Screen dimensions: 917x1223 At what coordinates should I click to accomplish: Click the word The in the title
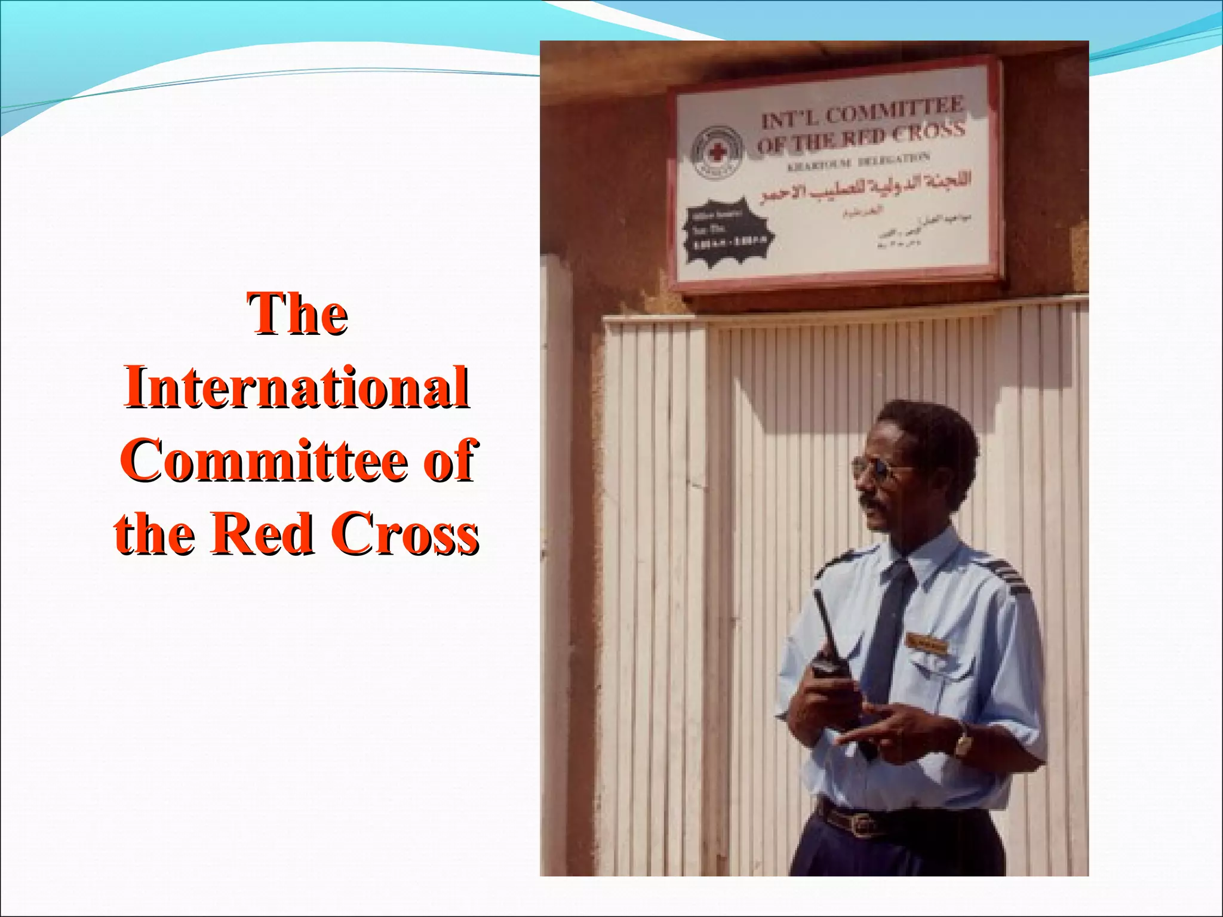297,314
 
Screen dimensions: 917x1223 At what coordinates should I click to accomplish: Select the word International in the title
297,387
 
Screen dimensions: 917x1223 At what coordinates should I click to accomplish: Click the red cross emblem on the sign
717,152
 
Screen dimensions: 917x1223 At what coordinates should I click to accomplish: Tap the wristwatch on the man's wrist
963,740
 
